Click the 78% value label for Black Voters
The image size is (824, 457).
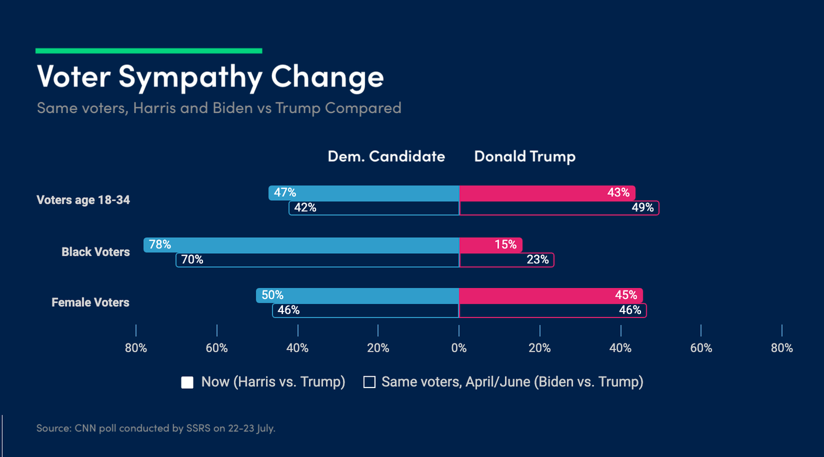(x=160, y=244)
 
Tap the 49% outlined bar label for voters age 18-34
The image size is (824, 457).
(x=642, y=208)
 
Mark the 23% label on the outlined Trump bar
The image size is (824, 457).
(x=537, y=260)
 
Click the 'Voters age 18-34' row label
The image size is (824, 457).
(x=83, y=200)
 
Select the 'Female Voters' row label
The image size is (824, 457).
(x=90, y=303)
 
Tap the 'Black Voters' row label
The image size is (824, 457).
(x=95, y=252)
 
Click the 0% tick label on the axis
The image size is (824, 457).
(x=458, y=348)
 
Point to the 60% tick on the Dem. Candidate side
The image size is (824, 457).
(x=217, y=348)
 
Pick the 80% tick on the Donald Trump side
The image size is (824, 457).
(x=782, y=348)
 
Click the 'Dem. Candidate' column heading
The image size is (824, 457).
(x=386, y=157)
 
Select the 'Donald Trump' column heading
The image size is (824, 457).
(x=524, y=157)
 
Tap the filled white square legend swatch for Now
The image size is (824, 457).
(x=187, y=383)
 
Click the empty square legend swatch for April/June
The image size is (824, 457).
(x=369, y=383)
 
